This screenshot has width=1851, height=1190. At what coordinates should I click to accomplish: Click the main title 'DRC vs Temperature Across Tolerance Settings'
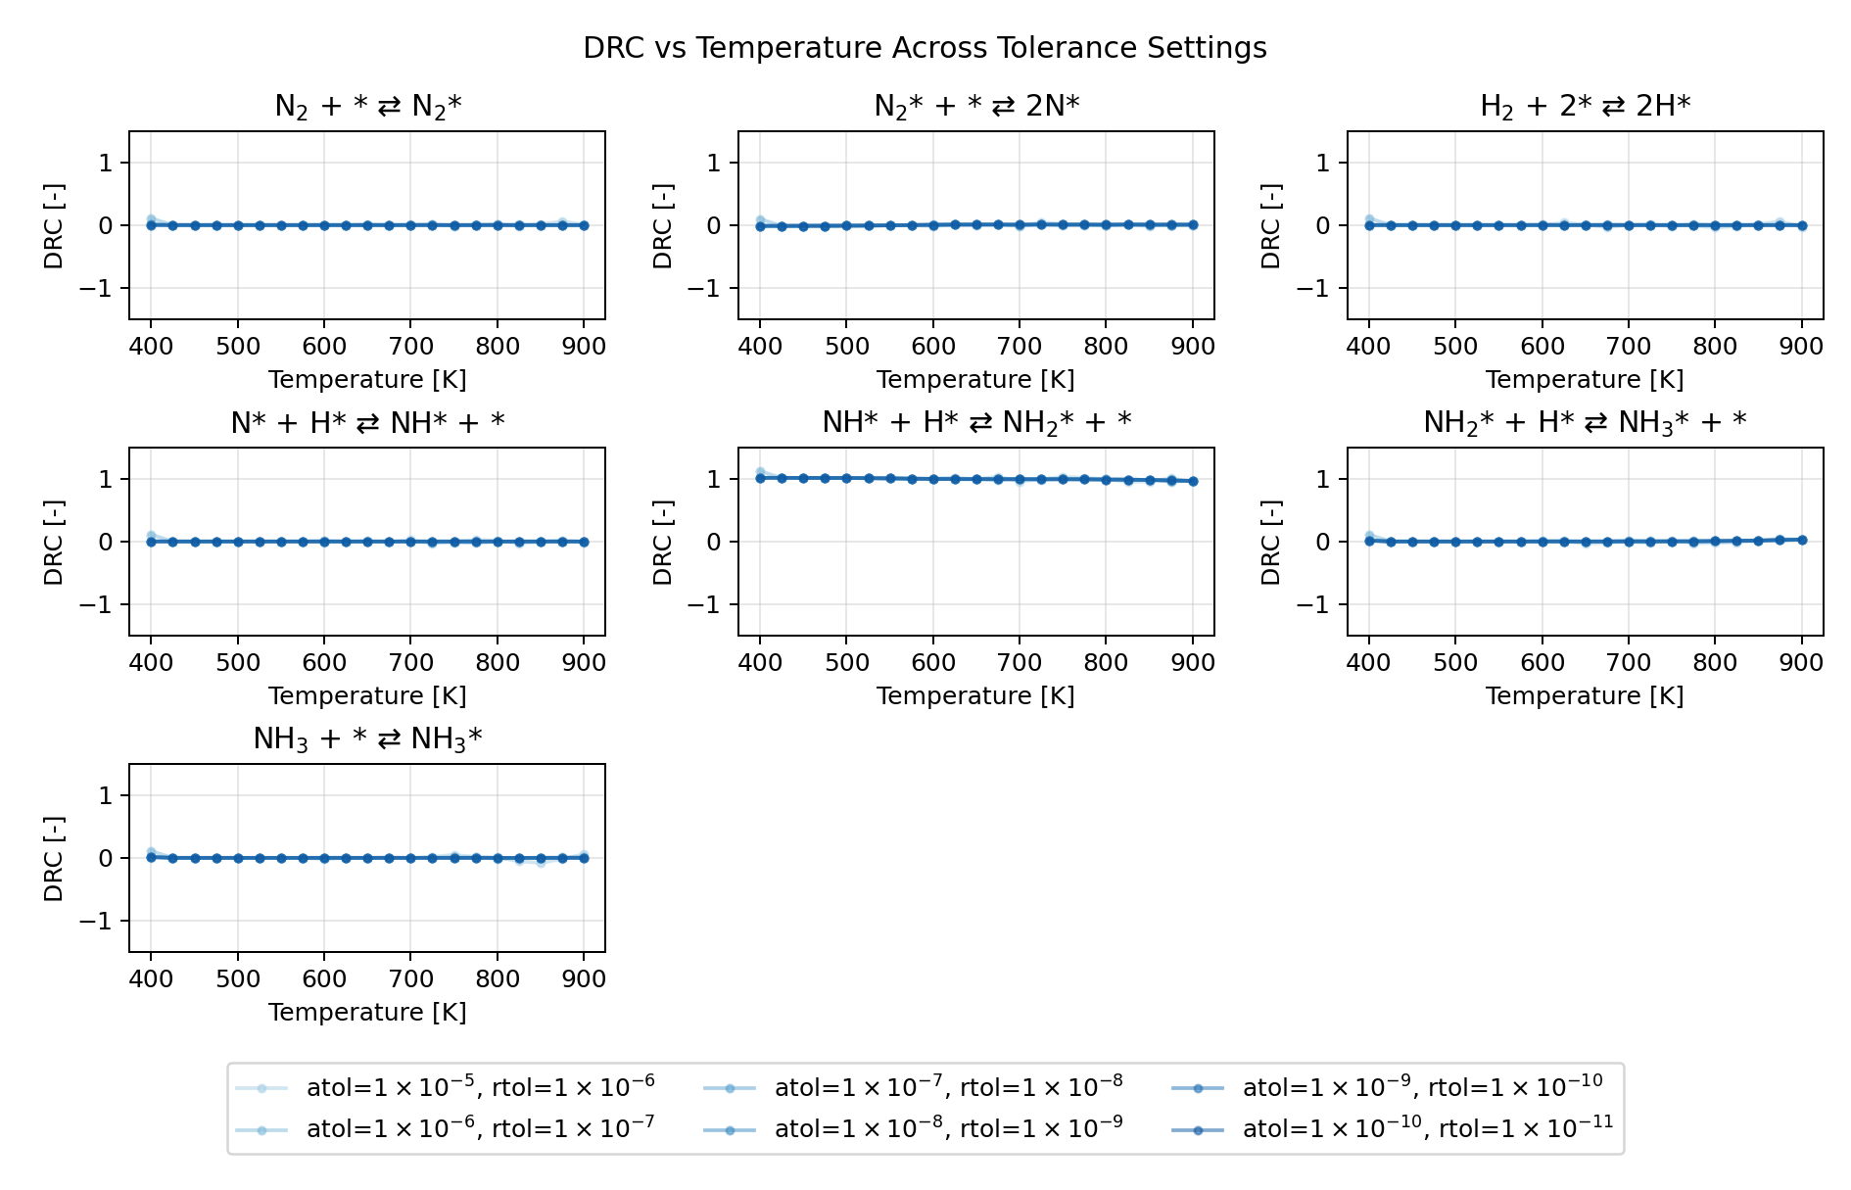[925, 48]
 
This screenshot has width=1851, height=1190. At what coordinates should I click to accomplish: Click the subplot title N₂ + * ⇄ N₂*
[367, 106]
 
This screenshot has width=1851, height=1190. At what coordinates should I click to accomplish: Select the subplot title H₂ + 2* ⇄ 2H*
[1585, 106]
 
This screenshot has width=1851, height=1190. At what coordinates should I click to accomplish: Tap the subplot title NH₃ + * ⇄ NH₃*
[367, 738]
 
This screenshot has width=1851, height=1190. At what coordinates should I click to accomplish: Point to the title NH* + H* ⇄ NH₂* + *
[976, 422]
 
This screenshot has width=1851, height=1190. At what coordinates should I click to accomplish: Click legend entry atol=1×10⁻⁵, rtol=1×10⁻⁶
[480, 1087]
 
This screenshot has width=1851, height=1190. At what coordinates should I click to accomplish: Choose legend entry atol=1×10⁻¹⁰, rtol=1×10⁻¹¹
[1427, 1128]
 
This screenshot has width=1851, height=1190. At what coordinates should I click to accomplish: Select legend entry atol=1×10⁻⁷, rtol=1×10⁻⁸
[948, 1087]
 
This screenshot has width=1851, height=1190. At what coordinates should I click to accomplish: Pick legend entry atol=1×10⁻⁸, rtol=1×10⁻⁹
[948, 1128]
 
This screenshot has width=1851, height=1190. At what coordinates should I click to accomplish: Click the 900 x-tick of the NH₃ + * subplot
[584, 978]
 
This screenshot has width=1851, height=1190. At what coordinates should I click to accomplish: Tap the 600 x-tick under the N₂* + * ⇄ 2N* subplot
[933, 346]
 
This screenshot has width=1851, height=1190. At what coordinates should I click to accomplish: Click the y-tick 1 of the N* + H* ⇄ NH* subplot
[108, 479]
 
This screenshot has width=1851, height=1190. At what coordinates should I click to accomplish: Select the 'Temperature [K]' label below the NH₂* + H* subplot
[1585, 695]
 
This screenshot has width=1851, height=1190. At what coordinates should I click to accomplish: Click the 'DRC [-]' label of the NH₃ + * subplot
[54, 858]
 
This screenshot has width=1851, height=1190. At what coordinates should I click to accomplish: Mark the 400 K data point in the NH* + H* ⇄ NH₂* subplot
[760, 478]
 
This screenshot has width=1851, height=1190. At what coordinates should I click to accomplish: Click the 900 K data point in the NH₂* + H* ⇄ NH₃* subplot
[1802, 540]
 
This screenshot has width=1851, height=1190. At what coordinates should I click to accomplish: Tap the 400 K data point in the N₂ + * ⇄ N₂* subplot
[151, 225]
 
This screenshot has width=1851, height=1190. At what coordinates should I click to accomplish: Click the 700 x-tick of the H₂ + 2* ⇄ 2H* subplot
[1629, 346]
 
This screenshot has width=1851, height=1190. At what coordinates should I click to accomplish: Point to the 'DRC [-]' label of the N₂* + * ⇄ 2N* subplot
[663, 225]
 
